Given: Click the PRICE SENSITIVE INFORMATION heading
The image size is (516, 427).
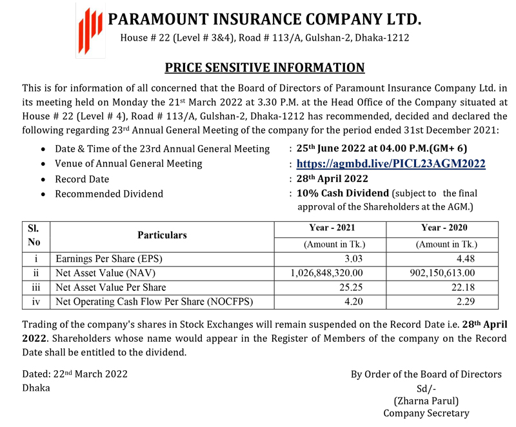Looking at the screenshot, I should pyautogui.click(x=264, y=67).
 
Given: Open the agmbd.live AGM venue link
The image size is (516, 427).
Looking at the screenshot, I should pyautogui.click(x=391, y=164).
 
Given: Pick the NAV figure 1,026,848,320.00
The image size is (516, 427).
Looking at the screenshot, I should pyautogui.click(x=328, y=273).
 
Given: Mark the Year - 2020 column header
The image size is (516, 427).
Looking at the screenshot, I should pyautogui.click(x=445, y=228).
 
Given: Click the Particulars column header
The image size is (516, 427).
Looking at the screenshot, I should pyautogui.click(x=162, y=235).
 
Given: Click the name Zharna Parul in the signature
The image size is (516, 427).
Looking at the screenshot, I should pyautogui.click(x=426, y=401).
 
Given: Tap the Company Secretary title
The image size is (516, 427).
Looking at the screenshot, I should pyautogui.click(x=426, y=413).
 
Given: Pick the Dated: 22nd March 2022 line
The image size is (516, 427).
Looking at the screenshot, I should pyautogui.click(x=75, y=374).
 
